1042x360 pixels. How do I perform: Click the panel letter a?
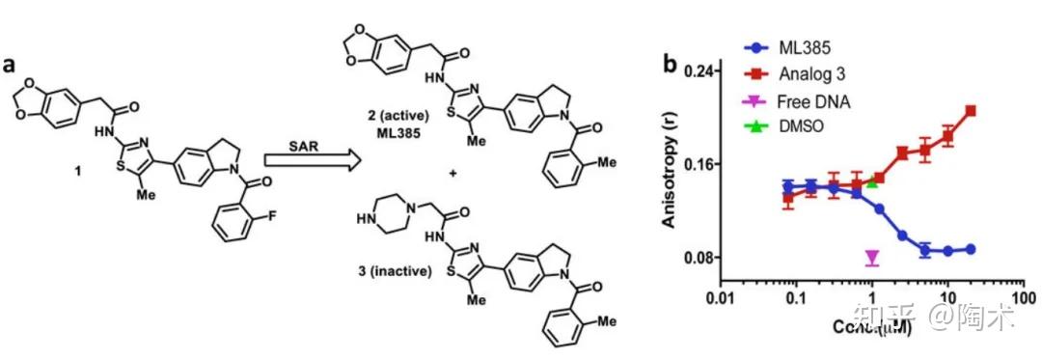point(12,65)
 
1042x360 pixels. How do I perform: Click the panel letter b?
point(669,65)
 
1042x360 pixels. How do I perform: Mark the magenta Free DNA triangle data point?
point(872,257)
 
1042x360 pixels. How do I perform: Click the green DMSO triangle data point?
point(872,180)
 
